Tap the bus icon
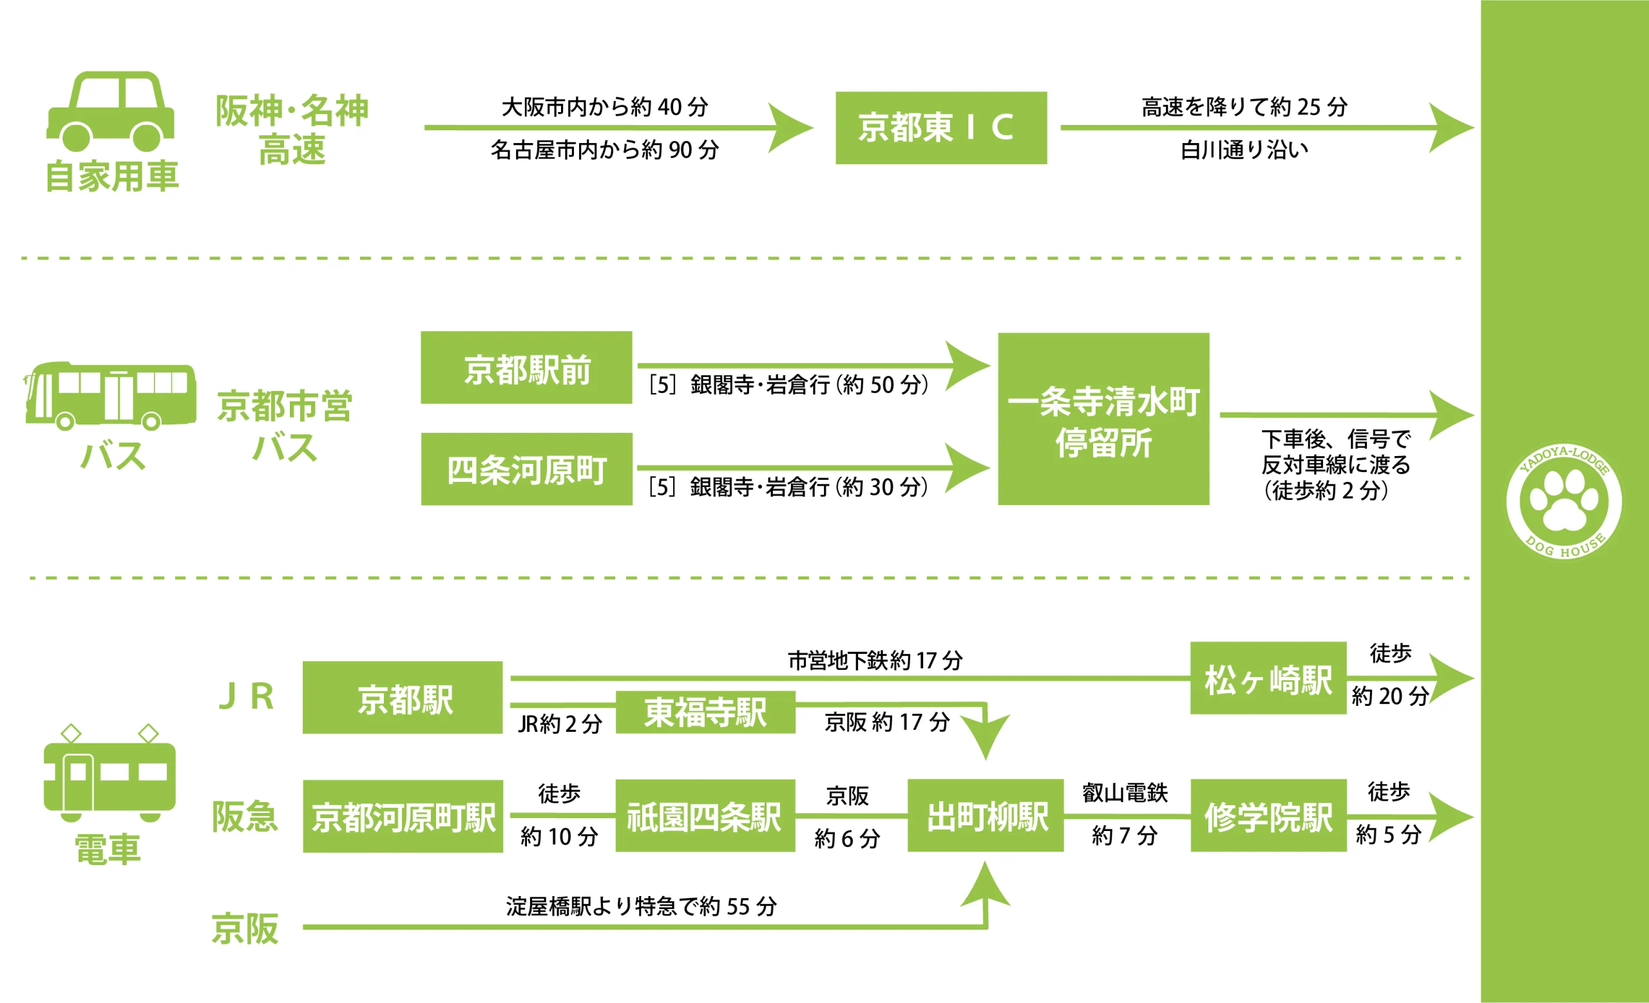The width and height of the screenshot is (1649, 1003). point(110,396)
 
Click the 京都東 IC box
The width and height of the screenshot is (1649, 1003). point(941,128)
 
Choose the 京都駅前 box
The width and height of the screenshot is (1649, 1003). point(526,368)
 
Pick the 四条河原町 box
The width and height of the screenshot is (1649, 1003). point(526,469)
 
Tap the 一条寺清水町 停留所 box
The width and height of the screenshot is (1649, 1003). point(1103,419)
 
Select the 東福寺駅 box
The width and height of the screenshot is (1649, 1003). point(705,712)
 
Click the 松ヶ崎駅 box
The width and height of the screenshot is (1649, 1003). point(1268,678)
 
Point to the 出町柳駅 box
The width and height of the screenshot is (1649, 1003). point(985,816)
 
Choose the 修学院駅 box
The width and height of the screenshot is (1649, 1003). point(1268,816)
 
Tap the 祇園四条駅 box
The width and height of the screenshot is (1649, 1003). point(705,816)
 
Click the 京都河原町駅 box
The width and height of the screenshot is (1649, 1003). point(403,816)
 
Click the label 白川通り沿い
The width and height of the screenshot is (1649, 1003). point(1244,150)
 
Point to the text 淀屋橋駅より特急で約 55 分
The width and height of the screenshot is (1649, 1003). point(641,906)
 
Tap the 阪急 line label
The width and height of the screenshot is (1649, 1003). point(245,817)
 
